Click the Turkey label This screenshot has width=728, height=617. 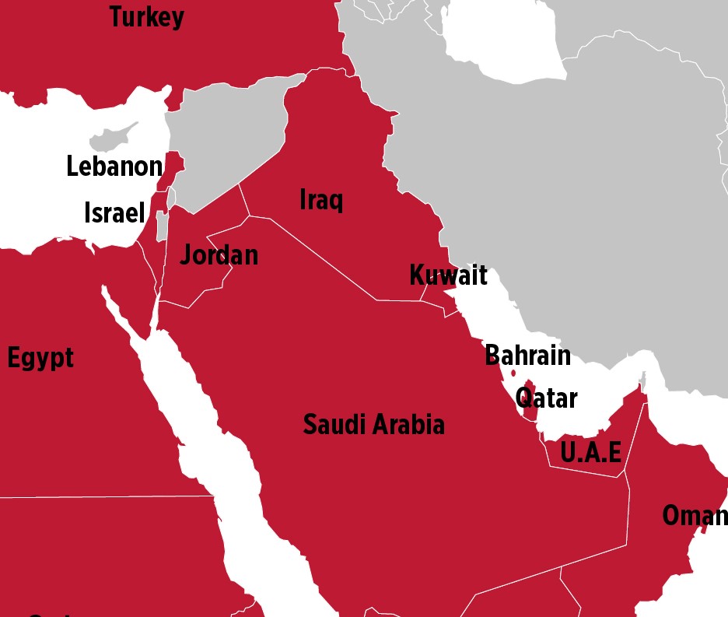coord(146,17)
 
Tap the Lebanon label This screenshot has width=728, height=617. coord(114,167)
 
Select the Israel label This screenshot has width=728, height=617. coord(114,212)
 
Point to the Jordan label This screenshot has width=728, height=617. coord(219,255)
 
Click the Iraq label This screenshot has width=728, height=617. coord(320,200)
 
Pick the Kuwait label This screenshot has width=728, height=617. coord(448,275)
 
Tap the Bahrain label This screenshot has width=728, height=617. coord(527,356)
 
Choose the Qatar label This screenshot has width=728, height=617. coord(546,398)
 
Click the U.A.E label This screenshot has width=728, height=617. coord(591,452)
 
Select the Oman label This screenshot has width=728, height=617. coord(694,515)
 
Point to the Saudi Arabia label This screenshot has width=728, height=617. coord(373,425)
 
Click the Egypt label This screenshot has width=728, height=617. coord(40,359)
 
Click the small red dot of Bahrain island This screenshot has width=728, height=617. coord(513,373)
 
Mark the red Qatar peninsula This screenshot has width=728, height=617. coord(530,401)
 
